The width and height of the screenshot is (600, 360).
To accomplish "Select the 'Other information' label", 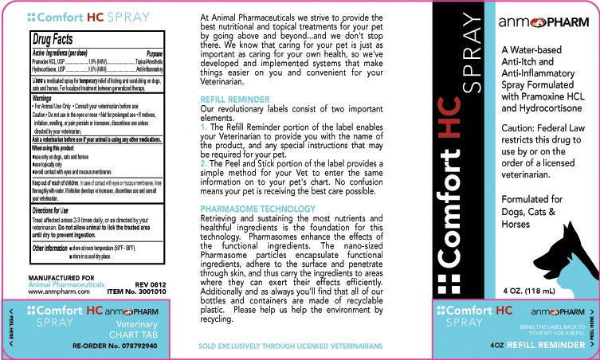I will (49, 248).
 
